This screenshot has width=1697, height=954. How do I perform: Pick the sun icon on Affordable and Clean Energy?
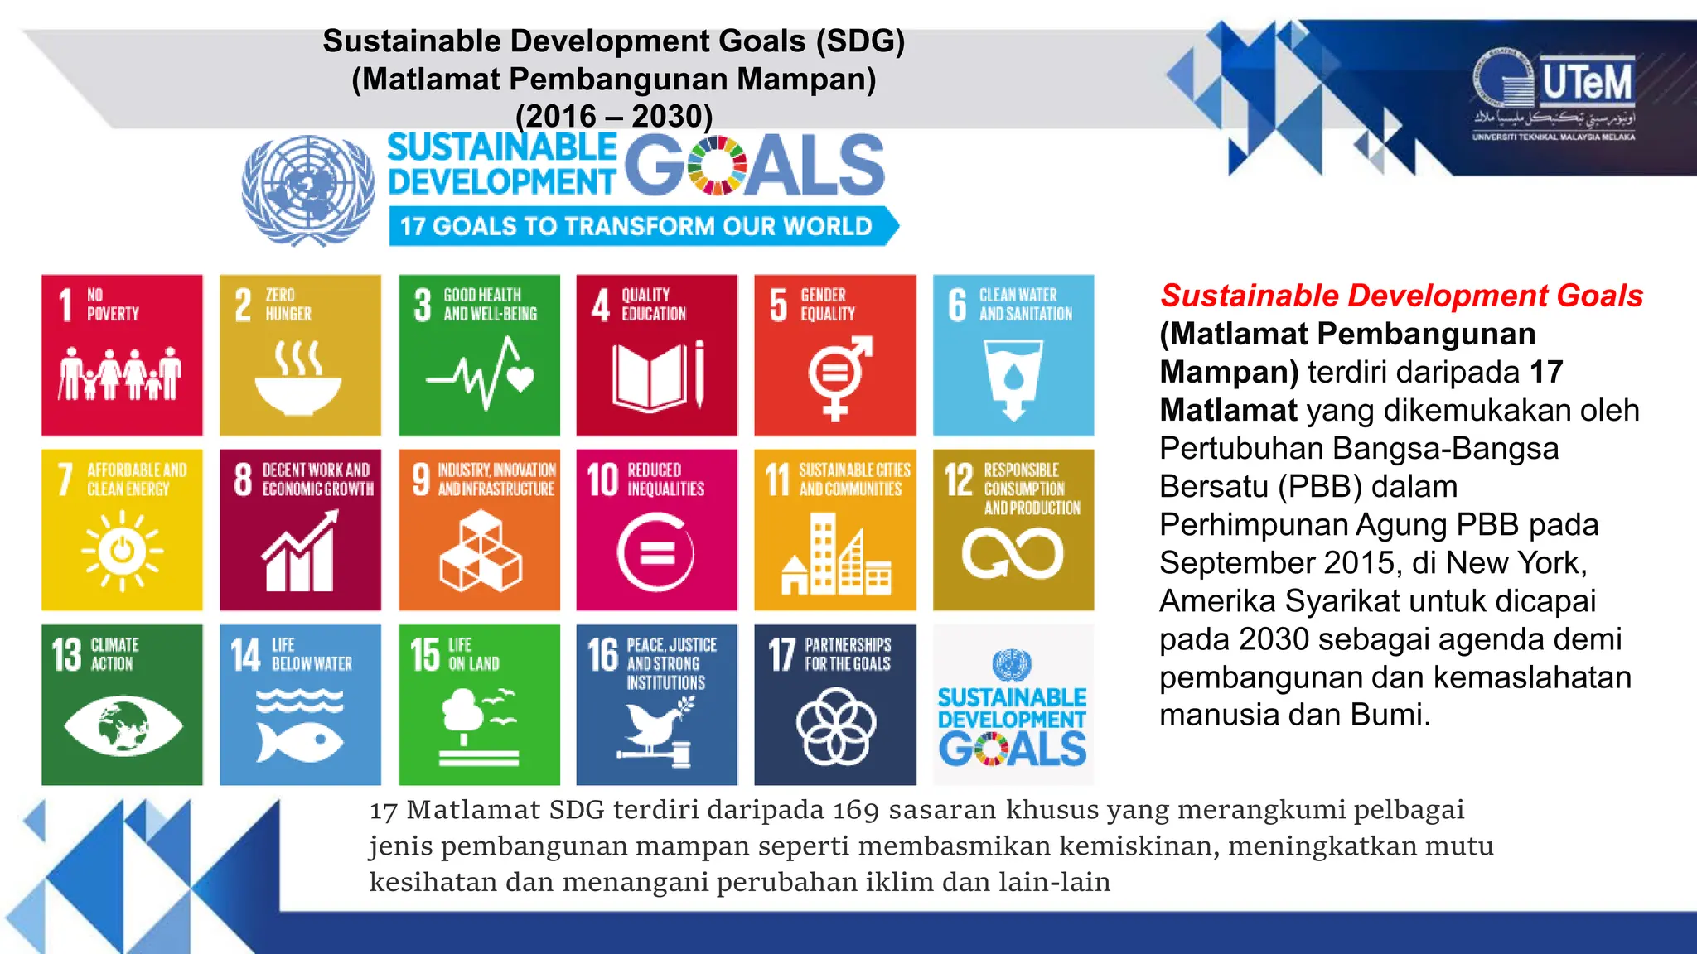click(122, 551)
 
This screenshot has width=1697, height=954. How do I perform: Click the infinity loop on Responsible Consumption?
click(1013, 553)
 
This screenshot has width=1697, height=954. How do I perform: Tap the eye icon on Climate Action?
click(122, 725)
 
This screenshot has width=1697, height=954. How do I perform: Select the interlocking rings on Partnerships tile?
click(835, 726)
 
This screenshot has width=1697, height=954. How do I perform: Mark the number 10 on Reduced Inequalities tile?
click(602, 479)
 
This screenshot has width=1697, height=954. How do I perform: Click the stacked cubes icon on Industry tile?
click(480, 551)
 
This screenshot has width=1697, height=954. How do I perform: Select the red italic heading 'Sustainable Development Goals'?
click(1401, 296)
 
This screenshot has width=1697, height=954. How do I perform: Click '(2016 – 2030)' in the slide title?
click(614, 116)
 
